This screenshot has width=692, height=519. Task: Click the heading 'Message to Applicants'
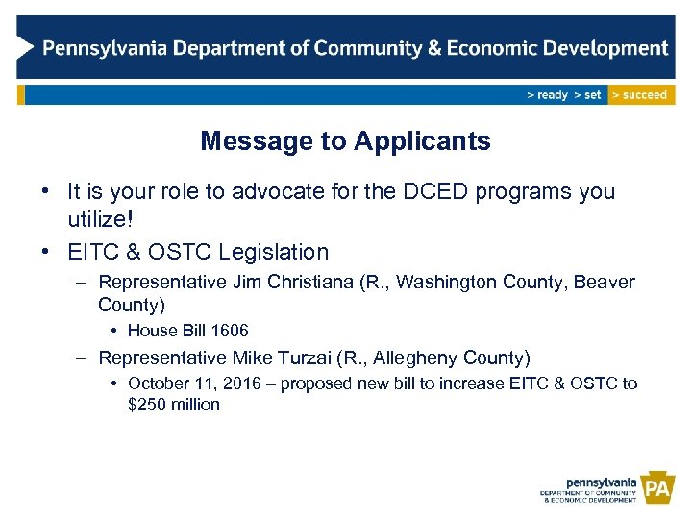click(345, 141)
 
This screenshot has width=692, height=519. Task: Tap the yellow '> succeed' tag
click(641, 95)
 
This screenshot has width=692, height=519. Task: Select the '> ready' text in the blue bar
click(547, 95)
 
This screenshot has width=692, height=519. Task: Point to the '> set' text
click(587, 95)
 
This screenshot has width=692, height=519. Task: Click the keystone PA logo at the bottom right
click(657, 490)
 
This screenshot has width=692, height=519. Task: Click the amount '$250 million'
click(174, 405)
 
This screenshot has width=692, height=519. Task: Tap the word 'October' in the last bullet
click(159, 383)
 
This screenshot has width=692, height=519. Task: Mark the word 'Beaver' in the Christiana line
click(605, 283)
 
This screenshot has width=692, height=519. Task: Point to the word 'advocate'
click(274, 191)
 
